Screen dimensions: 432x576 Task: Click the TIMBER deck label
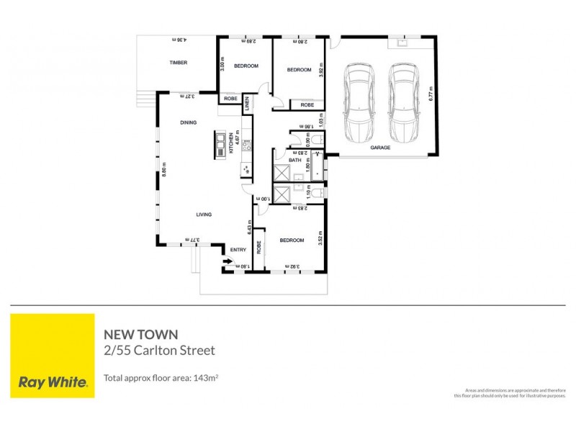coord(179,63)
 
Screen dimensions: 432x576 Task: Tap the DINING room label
coord(188,123)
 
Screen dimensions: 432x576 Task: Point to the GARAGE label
coord(380,147)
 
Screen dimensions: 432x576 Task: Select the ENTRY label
coord(238,250)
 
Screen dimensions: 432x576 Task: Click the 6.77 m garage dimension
coord(430,94)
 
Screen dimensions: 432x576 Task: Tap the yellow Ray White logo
coord(53,356)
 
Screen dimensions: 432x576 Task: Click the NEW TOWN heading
coord(141,334)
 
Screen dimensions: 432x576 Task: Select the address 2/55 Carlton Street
coord(160,351)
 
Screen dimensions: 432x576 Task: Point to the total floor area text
coord(161,377)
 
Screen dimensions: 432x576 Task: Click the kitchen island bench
coord(219,144)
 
